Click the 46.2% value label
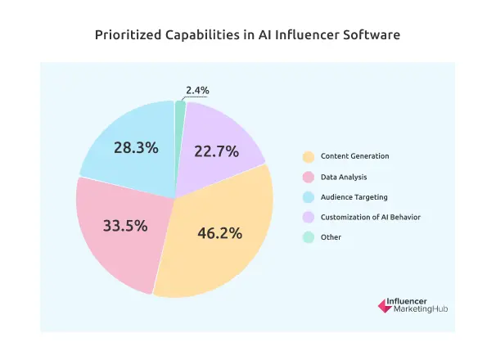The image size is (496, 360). (219, 233)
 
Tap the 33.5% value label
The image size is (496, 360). (125, 226)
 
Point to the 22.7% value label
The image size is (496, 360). (217, 151)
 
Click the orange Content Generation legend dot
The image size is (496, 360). (308, 156)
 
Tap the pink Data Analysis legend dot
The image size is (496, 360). (308, 177)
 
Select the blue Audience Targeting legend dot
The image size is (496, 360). (308, 197)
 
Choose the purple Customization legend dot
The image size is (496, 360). (308, 217)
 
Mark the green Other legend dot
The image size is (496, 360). (308, 237)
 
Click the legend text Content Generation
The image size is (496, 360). (354, 156)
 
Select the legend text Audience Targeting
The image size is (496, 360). (354, 197)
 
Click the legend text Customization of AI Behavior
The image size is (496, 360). (371, 217)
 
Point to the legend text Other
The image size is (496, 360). (331, 237)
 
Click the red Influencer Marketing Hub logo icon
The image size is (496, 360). (383, 305)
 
